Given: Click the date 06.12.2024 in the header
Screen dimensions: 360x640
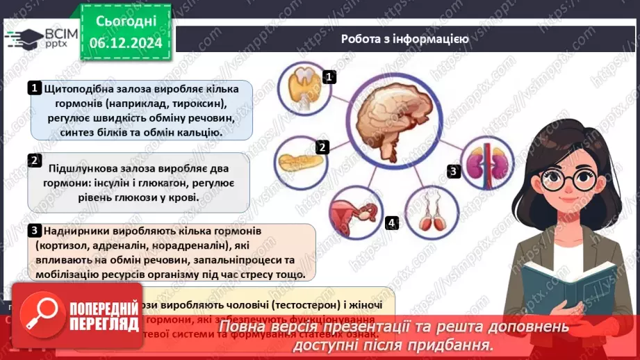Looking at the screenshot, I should tap(126, 43).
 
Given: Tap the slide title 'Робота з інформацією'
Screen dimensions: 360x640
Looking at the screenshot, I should tap(404, 39).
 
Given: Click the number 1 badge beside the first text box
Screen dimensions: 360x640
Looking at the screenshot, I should tap(34, 88).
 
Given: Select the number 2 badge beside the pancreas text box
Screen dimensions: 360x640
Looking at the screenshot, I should tap(34, 161).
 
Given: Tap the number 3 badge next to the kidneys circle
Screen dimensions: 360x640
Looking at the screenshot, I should tap(452, 170).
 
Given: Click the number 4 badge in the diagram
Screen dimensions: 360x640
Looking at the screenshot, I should tap(392, 223).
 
